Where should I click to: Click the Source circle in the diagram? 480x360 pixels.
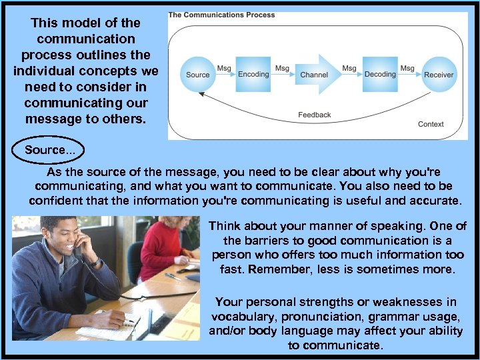[197, 75]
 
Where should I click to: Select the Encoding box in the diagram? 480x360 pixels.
[253, 74]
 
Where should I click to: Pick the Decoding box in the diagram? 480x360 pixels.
[380, 74]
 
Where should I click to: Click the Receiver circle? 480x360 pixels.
[439, 75]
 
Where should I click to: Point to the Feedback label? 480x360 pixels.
[314, 115]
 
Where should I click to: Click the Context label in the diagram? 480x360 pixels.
[431, 124]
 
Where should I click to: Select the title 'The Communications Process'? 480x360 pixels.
[221, 15]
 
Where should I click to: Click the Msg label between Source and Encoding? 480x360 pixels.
[224, 68]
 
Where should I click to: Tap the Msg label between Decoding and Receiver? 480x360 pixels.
[407, 68]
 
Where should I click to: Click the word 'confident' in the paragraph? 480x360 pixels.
[56, 200]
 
